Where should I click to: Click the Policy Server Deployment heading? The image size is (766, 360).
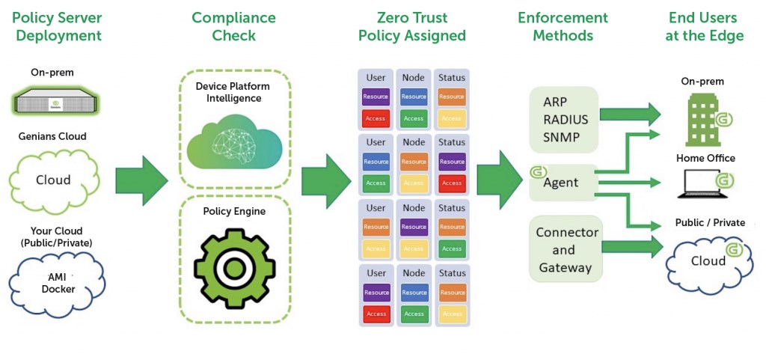[58, 26]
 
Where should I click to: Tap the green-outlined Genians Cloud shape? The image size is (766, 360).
[54, 180]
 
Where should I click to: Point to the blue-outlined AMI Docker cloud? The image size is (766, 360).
[58, 283]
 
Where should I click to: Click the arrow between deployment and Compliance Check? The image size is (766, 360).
[142, 180]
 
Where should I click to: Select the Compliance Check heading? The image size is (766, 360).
[233, 26]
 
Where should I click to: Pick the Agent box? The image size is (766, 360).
[563, 183]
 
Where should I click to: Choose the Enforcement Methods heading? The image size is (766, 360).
[563, 26]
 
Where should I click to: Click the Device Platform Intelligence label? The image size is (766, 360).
[233, 92]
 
